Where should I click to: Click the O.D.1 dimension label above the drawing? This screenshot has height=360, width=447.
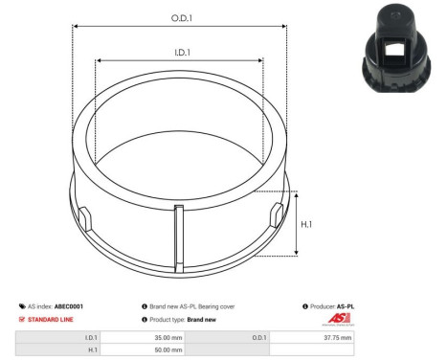click(x=179, y=18)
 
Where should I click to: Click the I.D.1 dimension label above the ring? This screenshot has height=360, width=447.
click(x=179, y=54)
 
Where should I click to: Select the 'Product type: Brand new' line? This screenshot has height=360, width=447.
click(x=183, y=319)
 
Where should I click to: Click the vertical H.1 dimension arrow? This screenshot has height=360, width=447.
click(x=298, y=223)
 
